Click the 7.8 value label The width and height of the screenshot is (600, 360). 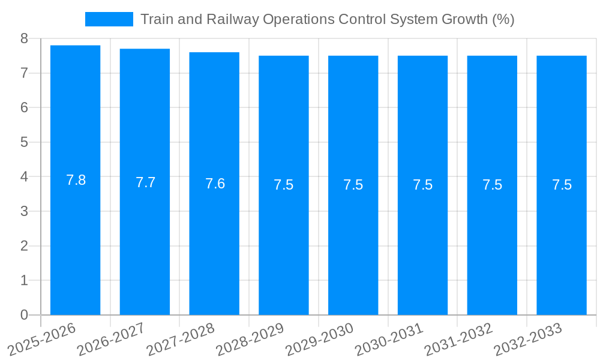click(x=76, y=180)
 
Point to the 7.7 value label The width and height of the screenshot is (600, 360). click(x=145, y=182)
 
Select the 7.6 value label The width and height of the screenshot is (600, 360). click(x=215, y=184)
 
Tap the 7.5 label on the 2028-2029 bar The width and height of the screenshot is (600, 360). click(x=284, y=185)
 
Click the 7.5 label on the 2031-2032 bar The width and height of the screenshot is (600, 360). click(x=492, y=185)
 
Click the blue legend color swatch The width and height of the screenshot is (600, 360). click(x=109, y=19)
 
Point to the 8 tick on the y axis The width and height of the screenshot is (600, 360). click(x=24, y=38)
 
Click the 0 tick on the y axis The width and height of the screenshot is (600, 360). click(x=24, y=315)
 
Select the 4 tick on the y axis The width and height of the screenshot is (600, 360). click(x=24, y=177)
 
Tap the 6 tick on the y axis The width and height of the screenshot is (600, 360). click(x=24, y=107)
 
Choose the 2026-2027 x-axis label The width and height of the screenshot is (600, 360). click(x=111, y=339)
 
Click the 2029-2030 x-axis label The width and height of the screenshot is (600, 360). click(x=319, y=339)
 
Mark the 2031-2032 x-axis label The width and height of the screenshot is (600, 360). click(x=458, y=339)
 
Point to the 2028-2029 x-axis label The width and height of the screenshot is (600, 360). click(x=250, y=339)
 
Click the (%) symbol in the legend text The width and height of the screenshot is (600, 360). click(x=503, y=19)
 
